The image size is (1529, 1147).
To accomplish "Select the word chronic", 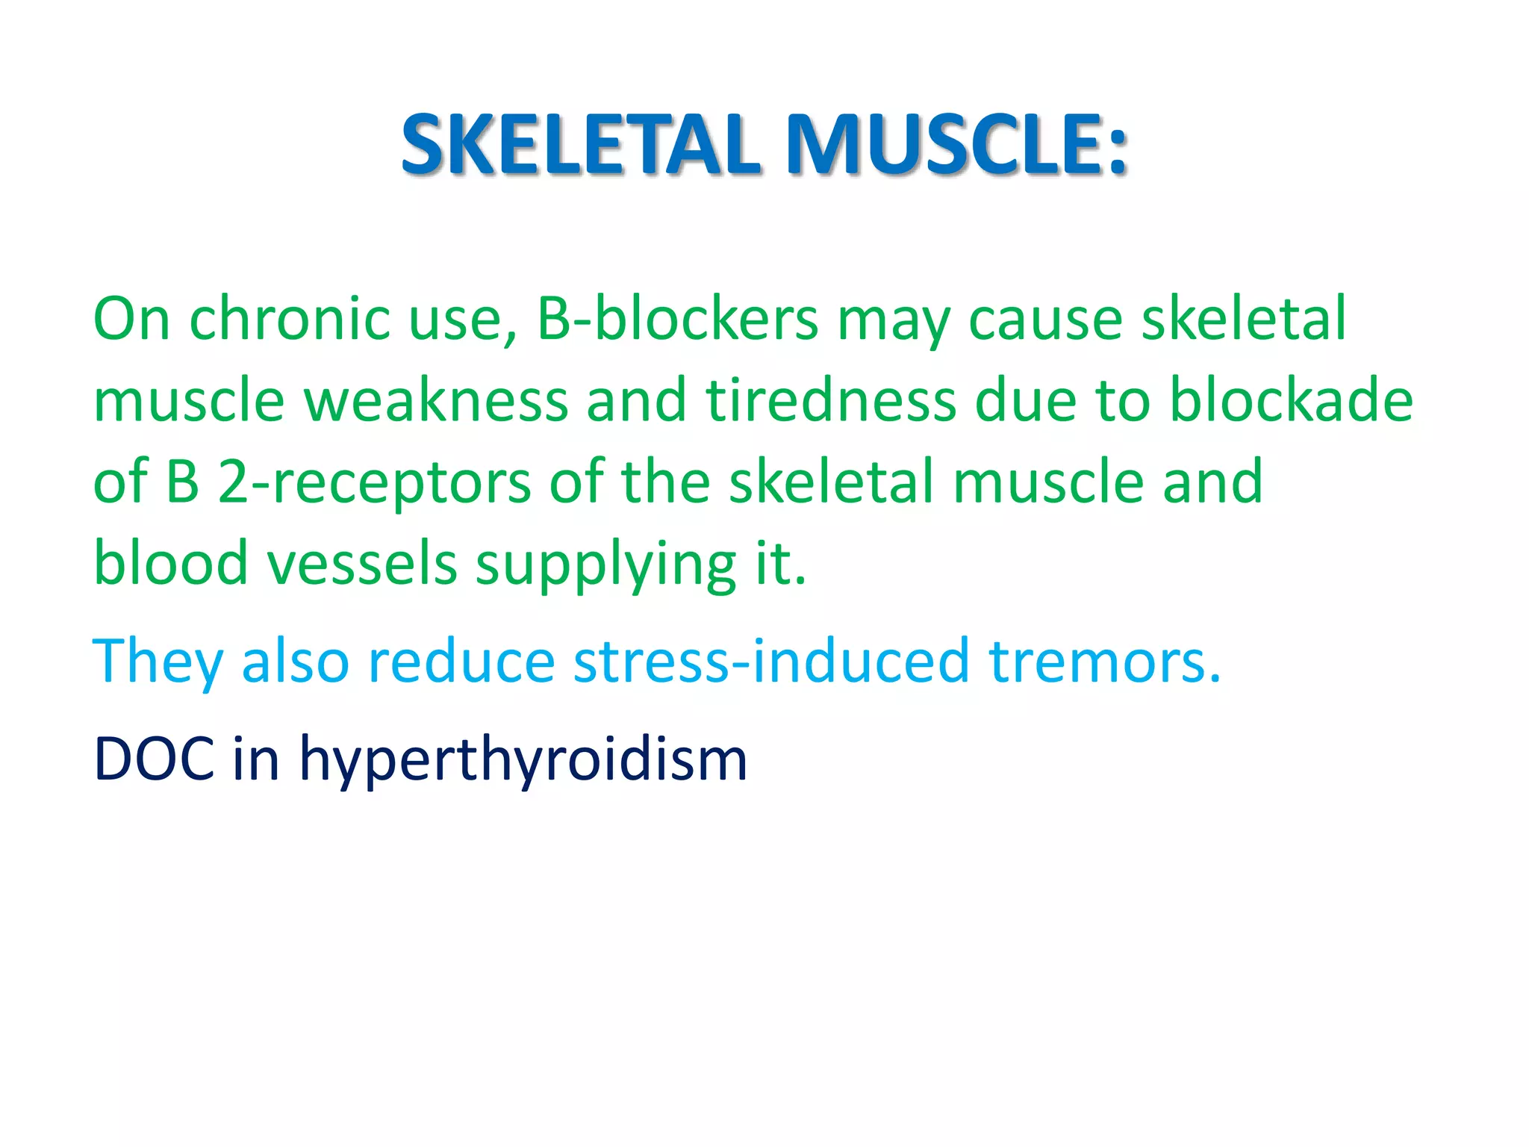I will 290,320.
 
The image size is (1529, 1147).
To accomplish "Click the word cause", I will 1045,320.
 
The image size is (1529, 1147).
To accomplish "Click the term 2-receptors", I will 374,483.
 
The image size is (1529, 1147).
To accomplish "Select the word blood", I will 170,564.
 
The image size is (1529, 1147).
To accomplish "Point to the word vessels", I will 362,564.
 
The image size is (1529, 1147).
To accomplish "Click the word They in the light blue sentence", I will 158,662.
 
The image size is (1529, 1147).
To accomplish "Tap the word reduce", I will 461,662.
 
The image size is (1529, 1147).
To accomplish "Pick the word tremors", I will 1104,662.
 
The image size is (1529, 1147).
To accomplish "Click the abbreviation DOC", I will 154,759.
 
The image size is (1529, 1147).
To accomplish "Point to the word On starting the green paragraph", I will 131,320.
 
